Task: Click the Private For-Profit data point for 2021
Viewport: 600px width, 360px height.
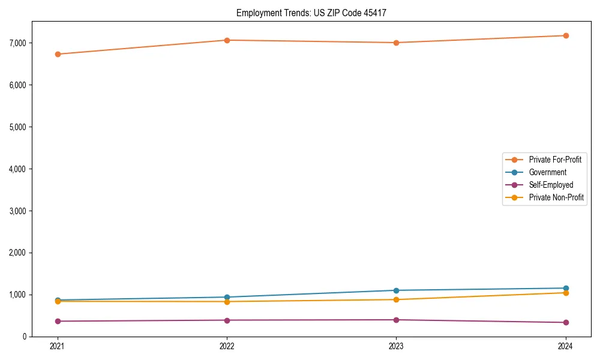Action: click(58, 54)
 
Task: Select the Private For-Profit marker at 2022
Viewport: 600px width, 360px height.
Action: click(227, 40)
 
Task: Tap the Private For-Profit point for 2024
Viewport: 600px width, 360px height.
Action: click(566, 35)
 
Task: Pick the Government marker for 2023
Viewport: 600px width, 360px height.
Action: click(397, 290)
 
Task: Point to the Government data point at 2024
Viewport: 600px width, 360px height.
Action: click(566, 288)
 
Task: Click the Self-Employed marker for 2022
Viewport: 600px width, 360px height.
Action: click(227, 320)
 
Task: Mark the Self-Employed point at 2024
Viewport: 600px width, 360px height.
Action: click(566, 322)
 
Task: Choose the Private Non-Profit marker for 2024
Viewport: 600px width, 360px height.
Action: click(566, 293)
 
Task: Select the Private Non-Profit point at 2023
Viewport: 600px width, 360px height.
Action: click(397, 299)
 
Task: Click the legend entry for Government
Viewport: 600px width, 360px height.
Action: click(547, 172)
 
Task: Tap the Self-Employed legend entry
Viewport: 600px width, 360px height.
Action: click(551, 185)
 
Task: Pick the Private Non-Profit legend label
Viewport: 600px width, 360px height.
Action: click(556, 197)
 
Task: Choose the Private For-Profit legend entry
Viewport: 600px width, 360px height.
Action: click(554, 160)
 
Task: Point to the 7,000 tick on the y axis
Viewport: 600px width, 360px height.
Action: click(34, 43)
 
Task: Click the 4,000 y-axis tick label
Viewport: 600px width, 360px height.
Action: click(34, 169)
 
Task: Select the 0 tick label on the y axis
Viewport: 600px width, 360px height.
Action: click(41, 337)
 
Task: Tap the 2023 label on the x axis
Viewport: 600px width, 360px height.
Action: click(397, 346)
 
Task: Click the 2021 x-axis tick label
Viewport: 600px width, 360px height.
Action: click(58, 346)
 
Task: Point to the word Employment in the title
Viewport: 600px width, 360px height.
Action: click(257, 13)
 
